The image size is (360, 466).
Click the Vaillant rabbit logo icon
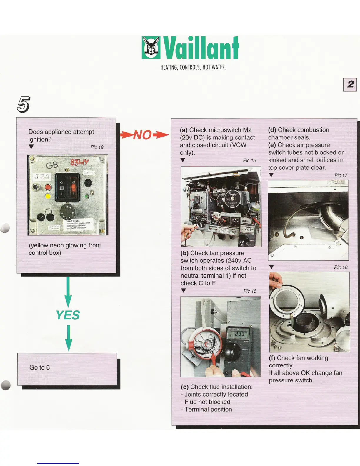point(151,48)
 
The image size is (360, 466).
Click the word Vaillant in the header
point(201,48)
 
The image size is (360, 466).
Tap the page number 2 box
point(350,85)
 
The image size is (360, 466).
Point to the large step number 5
point(24,104)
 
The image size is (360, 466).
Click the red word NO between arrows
point(143,135)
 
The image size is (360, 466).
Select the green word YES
point(68,315)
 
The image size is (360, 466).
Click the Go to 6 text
point(40,367)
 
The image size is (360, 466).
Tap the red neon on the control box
point(48,187)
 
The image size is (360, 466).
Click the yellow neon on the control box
point(48,196)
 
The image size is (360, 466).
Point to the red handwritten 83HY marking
point(79,162)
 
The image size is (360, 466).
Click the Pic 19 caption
point(97,147)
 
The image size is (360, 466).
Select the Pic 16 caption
point(250,291)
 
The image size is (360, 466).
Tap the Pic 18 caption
point(341,267)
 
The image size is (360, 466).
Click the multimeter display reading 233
point(239,334)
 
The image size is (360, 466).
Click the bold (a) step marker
point(184,130)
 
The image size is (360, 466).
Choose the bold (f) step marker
point(272,358)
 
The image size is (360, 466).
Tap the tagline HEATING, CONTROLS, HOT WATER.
point(193,67)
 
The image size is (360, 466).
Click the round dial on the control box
point(67,211)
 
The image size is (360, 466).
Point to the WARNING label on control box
point(76,224)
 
